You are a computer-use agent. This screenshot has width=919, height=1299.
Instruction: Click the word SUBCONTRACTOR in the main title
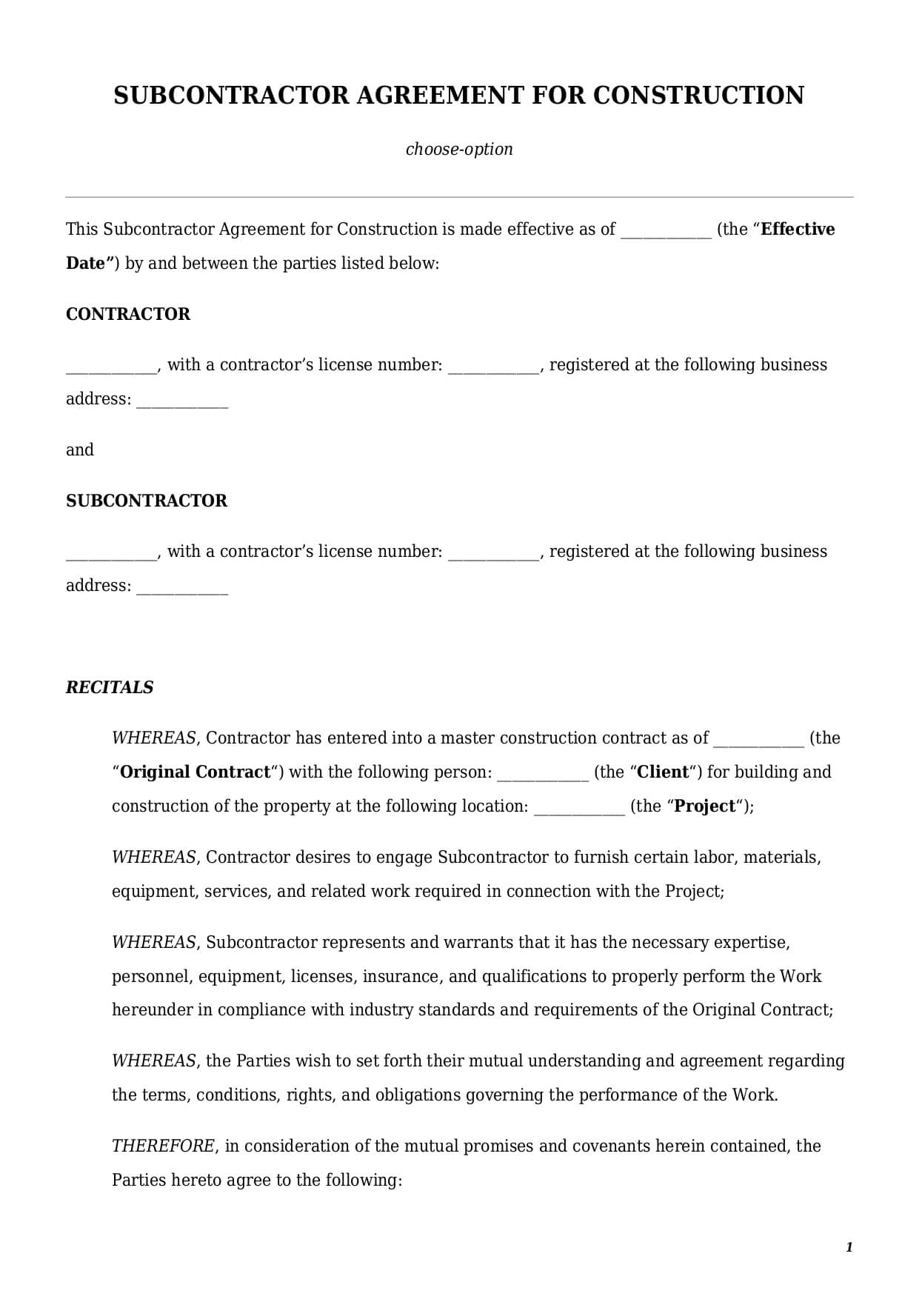tap(231, 96)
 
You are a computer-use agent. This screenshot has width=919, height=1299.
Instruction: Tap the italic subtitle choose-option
tap(459, 149)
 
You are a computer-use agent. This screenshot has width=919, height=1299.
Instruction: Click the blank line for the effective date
tap(666, 231)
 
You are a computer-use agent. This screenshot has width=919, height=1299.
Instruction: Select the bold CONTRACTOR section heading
tap(128, 314)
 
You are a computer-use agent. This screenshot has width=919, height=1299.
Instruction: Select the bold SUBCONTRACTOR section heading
tap(147, 501)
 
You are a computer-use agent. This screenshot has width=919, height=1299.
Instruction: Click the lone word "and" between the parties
tap(80, 450)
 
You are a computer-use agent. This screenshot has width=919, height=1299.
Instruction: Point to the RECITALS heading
tap(110, 687)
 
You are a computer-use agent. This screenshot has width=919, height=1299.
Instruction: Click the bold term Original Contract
tap(195, 772)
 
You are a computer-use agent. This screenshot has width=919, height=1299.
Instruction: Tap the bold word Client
tap(663, 772)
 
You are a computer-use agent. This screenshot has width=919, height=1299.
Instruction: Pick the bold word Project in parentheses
tap(705, 806)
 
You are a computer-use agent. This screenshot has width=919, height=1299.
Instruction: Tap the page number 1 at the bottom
tap(849, 1247)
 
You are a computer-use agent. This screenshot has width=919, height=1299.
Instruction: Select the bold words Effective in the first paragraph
tap(798, 229)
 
